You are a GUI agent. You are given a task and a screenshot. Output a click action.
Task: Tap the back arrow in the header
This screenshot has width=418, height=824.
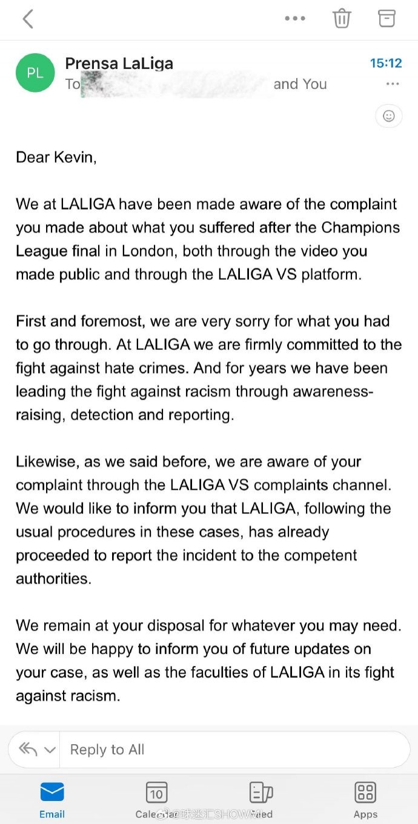pyautogui.click(x=28, y=19)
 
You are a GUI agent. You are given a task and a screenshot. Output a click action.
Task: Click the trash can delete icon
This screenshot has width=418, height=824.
pyautogui.click(x=342, y=18)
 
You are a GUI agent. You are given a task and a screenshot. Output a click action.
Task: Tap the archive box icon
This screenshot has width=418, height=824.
pyautogui.click(x=386, y=18)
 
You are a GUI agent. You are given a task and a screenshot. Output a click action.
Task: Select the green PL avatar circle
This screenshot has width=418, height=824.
pyautogui.click(x=35, y=73)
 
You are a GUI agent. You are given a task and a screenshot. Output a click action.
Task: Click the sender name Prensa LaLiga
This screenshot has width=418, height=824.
pyautogui.click(x=119, y=63)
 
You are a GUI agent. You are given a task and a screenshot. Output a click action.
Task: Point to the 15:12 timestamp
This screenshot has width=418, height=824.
pyautogui.click(x=386, y=63)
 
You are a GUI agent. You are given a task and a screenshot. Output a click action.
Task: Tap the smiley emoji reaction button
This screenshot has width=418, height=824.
pyautogui.click(x=389, y=116)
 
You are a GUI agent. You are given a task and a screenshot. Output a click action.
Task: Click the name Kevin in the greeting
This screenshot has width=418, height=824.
pyautogui.click(x=75, y=157)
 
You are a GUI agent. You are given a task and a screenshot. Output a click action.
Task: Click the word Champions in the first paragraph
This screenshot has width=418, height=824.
pyautogui.click(x=360, y=228)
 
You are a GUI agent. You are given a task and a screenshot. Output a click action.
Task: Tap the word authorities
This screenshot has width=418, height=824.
pyautogui.click(x=53, y=578)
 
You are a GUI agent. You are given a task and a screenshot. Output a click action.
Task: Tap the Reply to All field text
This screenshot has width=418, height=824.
pyautogui.click(x=107, y=750)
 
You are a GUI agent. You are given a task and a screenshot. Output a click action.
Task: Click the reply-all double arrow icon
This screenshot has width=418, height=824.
pyautogui.click(x=29, y=750)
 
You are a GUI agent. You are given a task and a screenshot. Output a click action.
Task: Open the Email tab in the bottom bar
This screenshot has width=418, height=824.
pyautogui.click(x=52, y=799)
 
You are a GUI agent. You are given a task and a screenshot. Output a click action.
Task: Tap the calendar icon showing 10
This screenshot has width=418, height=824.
pyautogui.click(x=156, y=793)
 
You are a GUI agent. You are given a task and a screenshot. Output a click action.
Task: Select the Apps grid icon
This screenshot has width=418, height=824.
pyautogui.click(x=365, y=793)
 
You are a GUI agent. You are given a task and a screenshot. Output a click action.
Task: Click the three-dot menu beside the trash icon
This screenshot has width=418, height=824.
pyautogui.click(x=295, y=18)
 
